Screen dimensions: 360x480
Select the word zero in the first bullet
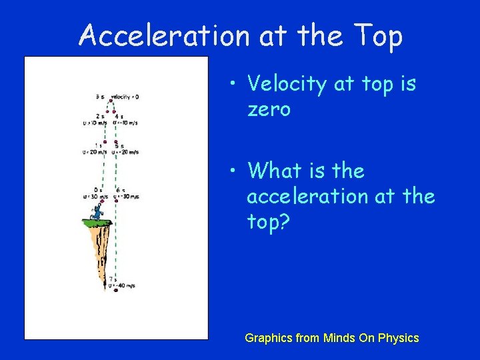pos(269,109)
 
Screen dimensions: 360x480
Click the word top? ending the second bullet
pos(269,222)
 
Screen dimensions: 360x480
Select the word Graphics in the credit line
pos(268,338)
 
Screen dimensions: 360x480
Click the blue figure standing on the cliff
pos(97,212)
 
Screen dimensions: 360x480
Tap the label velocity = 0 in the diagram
pos(125,97)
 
